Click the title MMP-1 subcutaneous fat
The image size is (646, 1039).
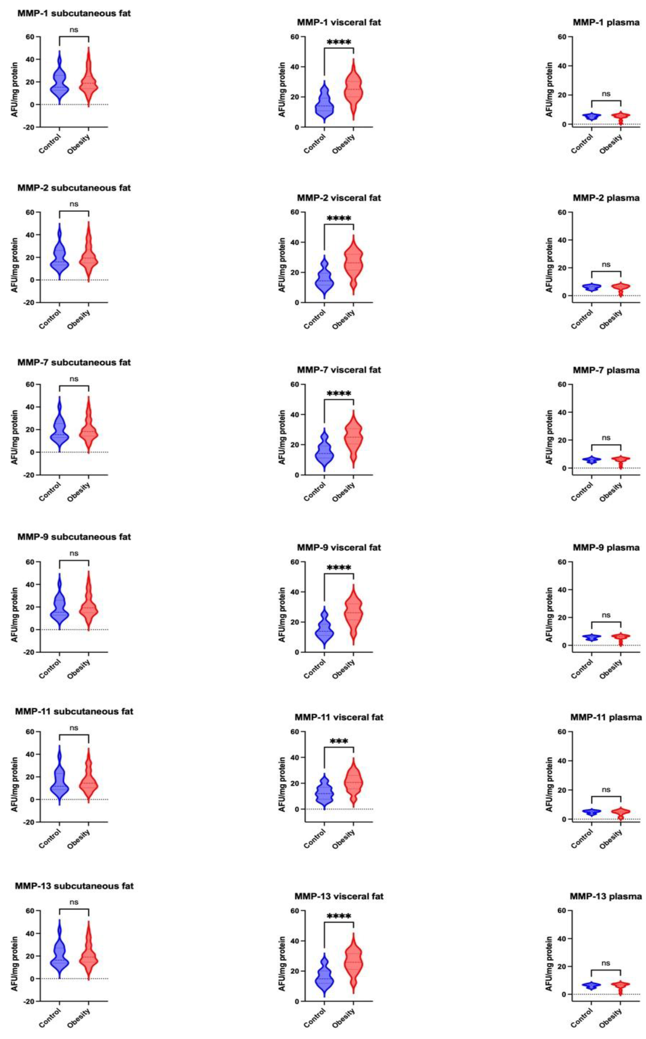tap(74, 13)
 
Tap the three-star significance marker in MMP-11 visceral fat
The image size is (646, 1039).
tap(339, 742)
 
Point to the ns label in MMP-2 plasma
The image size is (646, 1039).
tap(606, 264)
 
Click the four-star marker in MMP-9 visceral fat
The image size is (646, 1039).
tap(339, 568)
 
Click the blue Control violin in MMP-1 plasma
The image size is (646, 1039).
tap(592, 116)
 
